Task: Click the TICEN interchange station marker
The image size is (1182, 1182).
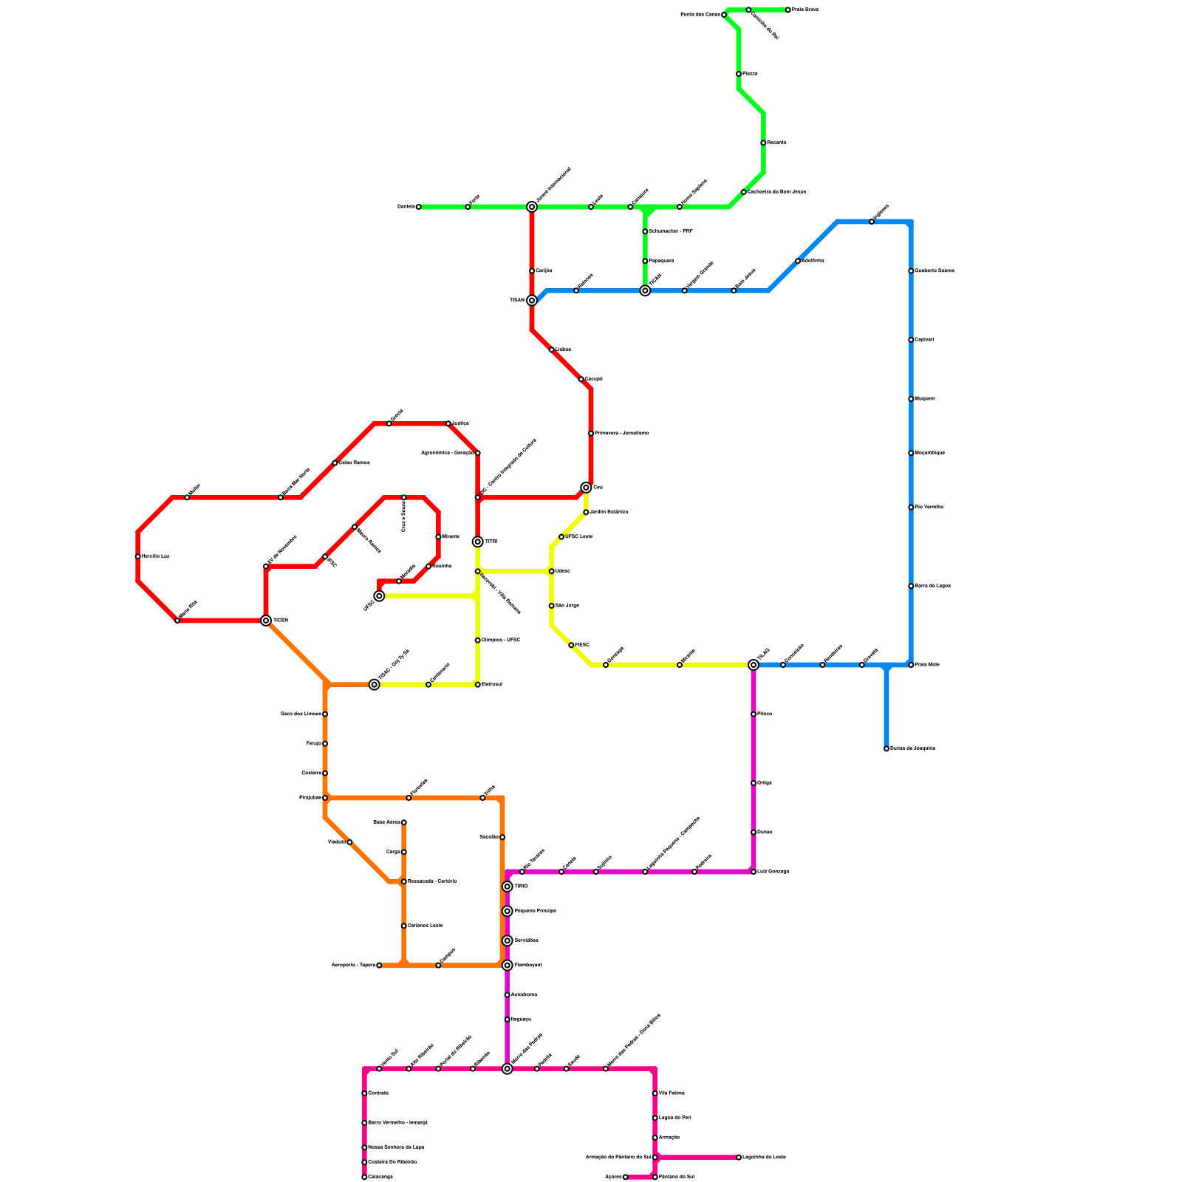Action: coord(266,621)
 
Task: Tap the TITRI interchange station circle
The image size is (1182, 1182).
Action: coord(478,542)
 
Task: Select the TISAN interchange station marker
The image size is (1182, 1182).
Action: coord(532,301)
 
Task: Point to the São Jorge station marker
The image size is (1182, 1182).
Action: coord(552,606)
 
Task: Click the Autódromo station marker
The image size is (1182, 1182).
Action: coord(508,995)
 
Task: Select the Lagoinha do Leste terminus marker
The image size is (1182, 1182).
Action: coord(739,1158)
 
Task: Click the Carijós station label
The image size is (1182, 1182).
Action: coord(544,271)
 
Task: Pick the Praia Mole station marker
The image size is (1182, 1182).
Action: coord(911,665)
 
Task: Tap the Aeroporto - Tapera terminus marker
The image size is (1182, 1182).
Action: coord(379,966)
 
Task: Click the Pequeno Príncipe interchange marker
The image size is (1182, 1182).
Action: coord(508,912)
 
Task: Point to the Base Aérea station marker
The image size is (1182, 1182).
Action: coord(404,822)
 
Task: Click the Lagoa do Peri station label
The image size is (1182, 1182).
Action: coord(674,1118)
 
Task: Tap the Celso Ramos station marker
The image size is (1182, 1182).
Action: coord(335,463)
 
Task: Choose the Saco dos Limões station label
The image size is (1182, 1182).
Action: coord(301,714)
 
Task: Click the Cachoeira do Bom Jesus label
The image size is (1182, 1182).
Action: coord(776,192)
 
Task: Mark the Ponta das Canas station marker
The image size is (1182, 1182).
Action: coord(724,15)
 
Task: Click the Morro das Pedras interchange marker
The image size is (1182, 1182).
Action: coord(508,1069)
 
